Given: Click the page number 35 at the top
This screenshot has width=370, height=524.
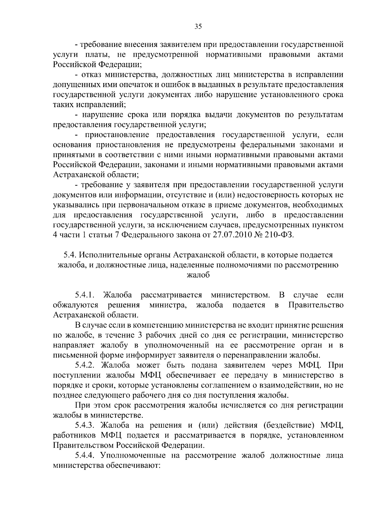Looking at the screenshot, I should click(x=198, y=27).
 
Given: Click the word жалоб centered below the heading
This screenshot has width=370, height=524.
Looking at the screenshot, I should click(x=198, y=275).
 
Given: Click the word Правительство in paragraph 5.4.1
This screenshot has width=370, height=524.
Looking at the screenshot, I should click(x=316, y=305).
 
